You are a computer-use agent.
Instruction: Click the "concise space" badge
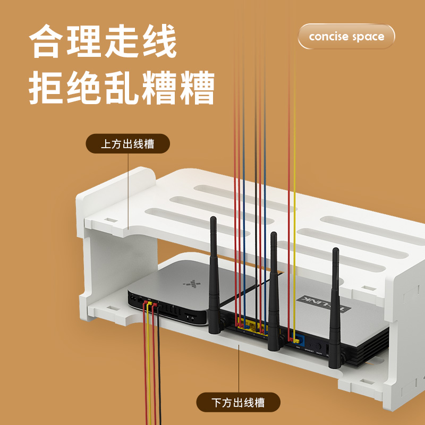coord(346,37)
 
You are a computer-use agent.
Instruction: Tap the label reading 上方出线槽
coord(127,144)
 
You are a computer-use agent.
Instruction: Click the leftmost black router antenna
coord(214,276)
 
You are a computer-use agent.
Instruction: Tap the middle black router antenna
coord(273,292)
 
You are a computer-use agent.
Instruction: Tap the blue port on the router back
coord(298,338)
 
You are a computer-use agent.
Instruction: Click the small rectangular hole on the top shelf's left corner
coord(110,219)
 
